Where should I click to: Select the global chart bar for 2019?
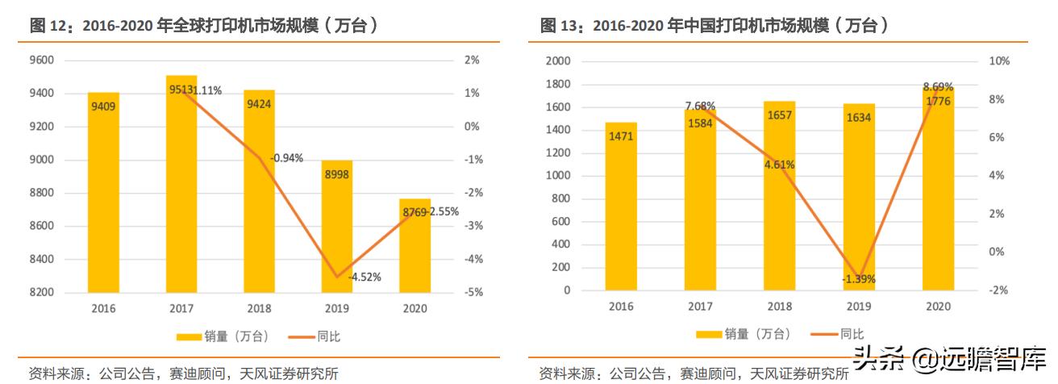point(336,226)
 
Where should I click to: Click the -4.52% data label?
point(364,277)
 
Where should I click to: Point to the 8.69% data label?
point(938,86)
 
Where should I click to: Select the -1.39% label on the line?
point(858,279)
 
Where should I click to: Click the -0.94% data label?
point(286,158)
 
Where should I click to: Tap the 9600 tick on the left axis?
point(43,61)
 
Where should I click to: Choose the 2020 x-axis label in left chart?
point(415,309)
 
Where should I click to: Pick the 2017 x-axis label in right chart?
point(700,307)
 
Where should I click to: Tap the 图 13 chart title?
point(714,26)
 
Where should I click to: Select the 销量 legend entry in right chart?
point(743,334)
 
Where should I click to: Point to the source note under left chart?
point(183,374)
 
